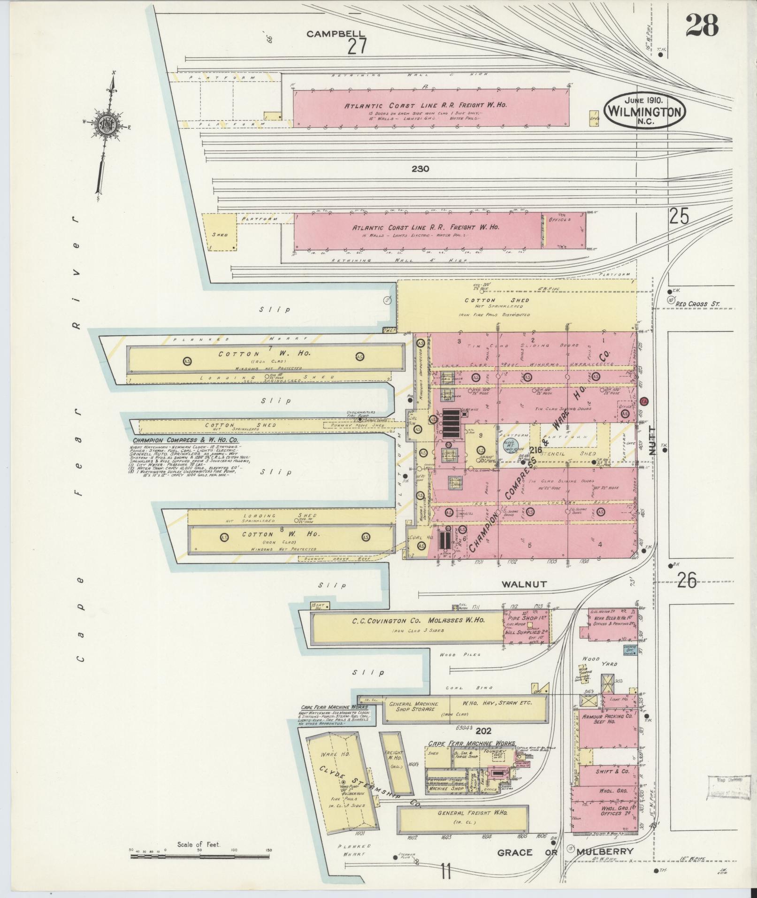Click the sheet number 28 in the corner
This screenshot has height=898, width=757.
[702, 25]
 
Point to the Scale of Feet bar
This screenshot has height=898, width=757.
[200, 856]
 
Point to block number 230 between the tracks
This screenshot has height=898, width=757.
[421, 169]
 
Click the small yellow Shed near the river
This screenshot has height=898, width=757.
[220, 235]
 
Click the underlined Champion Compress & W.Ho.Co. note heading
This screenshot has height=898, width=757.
[185, 440]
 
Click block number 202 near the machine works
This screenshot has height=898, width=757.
[483, 731]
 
